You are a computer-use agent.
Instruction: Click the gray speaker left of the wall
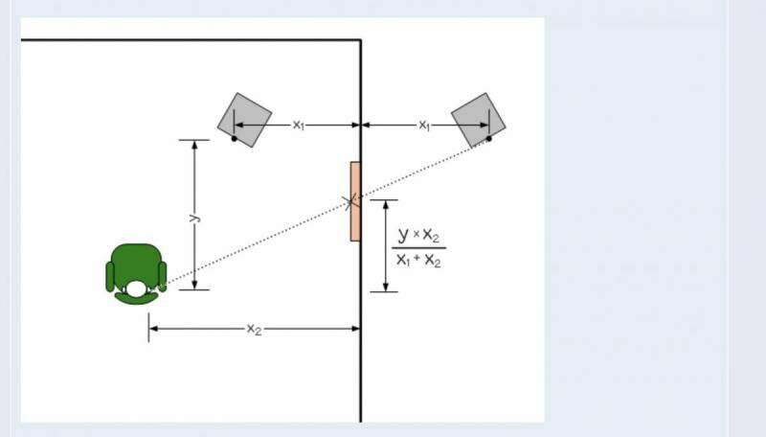[244, 120]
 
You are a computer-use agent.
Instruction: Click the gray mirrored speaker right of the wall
[478, 120]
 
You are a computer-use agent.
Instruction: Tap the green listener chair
[136, 274]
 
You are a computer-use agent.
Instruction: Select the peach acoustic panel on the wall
[355, 201]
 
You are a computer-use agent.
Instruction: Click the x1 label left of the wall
[299, 126]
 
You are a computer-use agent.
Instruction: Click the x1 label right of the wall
[424, 126]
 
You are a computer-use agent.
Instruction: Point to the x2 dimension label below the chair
[254, 329]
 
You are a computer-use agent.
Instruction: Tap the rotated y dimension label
[194, 217]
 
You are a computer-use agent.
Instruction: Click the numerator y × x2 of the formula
[418, 235]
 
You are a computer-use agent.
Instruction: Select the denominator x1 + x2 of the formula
[418, 260]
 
